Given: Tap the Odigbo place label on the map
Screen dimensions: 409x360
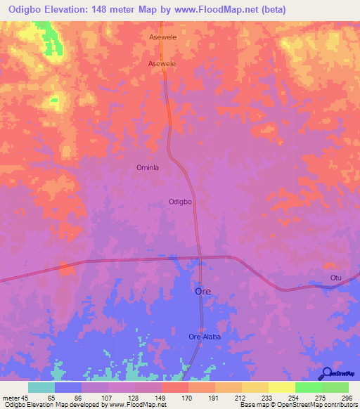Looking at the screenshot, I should (181, 202).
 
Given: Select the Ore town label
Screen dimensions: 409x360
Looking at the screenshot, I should (202, 291).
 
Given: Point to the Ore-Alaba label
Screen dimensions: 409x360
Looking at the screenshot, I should (205, 337).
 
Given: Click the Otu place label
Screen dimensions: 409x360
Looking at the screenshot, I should (336, 278).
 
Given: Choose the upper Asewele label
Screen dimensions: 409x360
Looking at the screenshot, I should (162, 37).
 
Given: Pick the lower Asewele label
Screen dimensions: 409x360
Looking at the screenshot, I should (162, 63).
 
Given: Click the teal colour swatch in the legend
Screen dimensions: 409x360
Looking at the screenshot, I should (41, 387).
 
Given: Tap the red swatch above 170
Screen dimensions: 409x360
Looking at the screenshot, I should (174, 387).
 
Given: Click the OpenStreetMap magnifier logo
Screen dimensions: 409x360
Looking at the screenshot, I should (326, 373).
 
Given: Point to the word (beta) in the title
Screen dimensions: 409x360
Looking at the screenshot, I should (272, 8).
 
